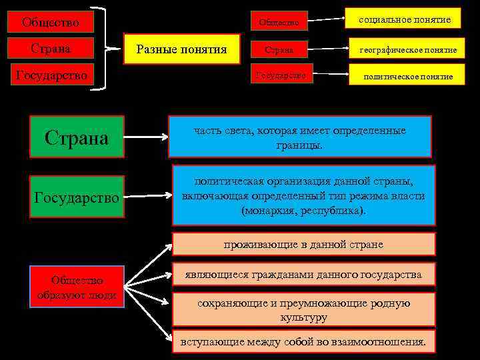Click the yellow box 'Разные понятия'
(x=182, y=49)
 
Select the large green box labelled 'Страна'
(x=76, y=137)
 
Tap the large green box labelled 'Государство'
(x=76, y=197)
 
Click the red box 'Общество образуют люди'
(x=77, y=287)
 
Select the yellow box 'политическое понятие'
(x=407, y=76)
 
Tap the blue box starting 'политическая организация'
(x=303, y=195)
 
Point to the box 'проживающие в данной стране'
(x=303, y=244)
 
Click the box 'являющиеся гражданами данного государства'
(x=303, y=275)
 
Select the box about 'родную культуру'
(x=303, y=310)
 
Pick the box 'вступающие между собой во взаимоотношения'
(x=303, y=341)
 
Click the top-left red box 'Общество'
(x=50, y=22)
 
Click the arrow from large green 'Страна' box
(x=146, y=138)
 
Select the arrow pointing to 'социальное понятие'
(x=329, y=19)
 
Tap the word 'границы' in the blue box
(x=302, y=145)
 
